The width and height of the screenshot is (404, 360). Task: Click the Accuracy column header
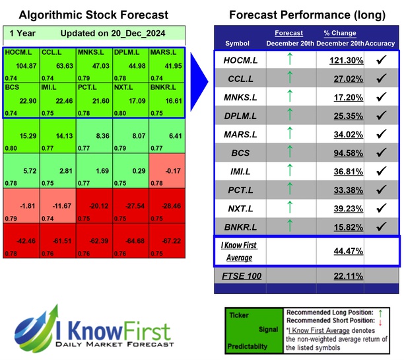(x=382, y=44)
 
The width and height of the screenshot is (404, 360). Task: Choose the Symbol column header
(x=238, y=44)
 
